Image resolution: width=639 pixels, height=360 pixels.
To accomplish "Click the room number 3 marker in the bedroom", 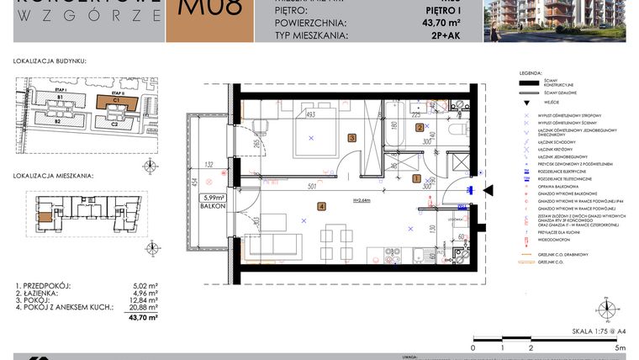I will (x=352, y=137).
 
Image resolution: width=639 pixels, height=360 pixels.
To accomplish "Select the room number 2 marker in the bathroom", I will (x=420, y=128).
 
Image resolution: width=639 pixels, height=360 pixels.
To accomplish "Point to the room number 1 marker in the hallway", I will (x=415, y=178).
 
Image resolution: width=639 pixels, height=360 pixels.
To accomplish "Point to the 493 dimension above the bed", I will (x=309, y=114).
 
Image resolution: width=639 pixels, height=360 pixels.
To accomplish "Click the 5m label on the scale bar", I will (x=620, y=347).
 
